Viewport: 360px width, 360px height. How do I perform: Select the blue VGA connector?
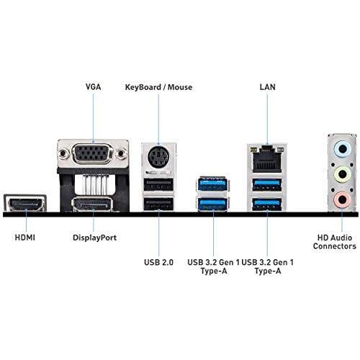(92, 155)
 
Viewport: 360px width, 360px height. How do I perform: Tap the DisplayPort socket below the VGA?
(93, 185)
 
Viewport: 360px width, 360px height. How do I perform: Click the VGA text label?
(93, 86)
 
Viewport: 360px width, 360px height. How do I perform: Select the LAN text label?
(267, 86)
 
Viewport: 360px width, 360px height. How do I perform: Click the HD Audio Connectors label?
(334, 241)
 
